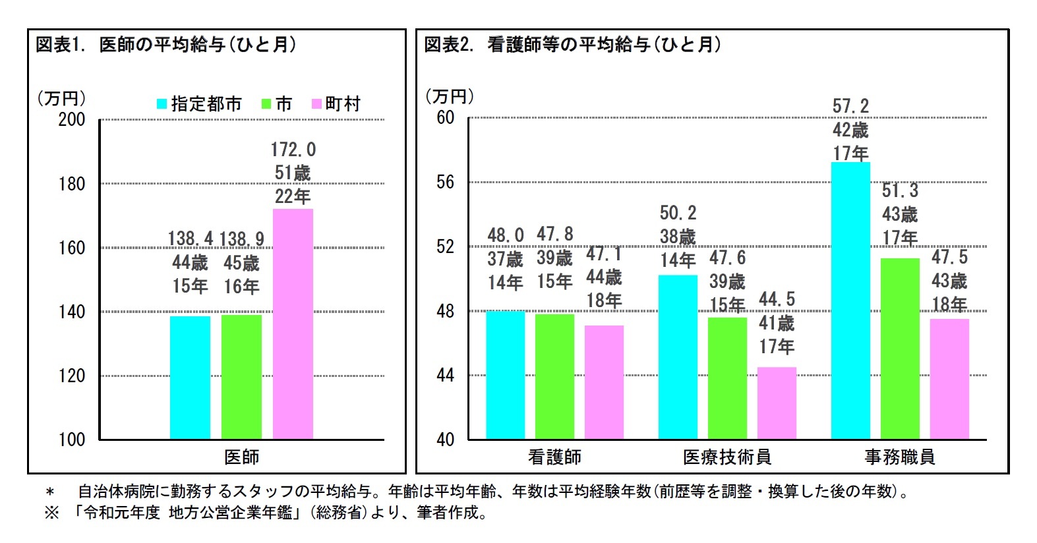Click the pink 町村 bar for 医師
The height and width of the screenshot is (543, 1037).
(x=293, y=324)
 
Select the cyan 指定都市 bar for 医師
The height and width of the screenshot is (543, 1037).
(x=190, y=377)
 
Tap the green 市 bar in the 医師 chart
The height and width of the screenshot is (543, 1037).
(x=241, y=377)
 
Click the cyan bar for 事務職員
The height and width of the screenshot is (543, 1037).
(x=850, y=300)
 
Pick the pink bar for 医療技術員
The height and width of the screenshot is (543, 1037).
(x=777, y=403)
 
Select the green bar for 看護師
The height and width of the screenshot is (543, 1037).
(x=554, y=376)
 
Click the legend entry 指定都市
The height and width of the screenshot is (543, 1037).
(x=199, y=104)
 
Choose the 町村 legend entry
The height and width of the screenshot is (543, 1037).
(x=336, y=104)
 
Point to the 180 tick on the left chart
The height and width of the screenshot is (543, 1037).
(x=72, y=184)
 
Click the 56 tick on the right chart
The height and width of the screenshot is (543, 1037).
(x=446, y=182)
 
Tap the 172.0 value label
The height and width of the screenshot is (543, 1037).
(x=293, y=150)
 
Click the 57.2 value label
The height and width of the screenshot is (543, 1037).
(x=850, y=106)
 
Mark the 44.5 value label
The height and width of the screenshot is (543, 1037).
(x=777, y=300)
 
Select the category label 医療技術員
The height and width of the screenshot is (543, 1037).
(x=727, y=457)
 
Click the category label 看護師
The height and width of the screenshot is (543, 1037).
(x=554, y=457)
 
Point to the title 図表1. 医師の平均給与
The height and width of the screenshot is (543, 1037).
(x=165, y=45)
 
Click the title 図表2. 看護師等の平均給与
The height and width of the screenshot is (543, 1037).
(x=572, y=45)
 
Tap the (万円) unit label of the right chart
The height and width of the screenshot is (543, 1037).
(x=450, y=96)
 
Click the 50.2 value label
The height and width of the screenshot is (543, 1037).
(x=678, y=213)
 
